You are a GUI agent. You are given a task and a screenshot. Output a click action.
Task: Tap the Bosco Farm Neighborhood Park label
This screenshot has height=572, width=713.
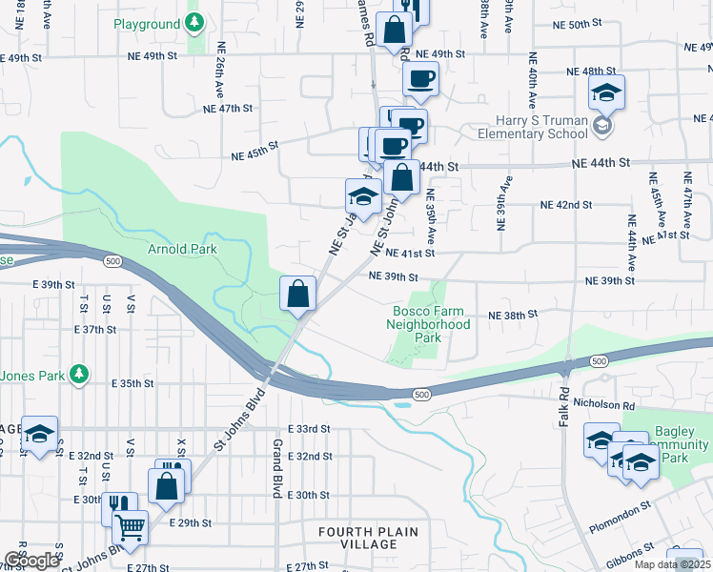[429, 324]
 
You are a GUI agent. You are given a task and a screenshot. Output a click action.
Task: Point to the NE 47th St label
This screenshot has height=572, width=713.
[227, 109]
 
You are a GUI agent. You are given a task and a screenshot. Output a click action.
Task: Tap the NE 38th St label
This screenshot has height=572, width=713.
[514, 315]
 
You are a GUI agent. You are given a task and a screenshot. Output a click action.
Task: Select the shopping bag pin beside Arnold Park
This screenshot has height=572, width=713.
[298, 293]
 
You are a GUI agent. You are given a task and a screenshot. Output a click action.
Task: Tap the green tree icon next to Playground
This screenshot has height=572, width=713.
[194, 22]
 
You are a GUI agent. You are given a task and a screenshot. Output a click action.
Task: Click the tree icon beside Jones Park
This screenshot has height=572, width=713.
[81, 373]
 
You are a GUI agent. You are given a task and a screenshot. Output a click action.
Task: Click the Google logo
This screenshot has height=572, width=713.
[31, 561]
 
